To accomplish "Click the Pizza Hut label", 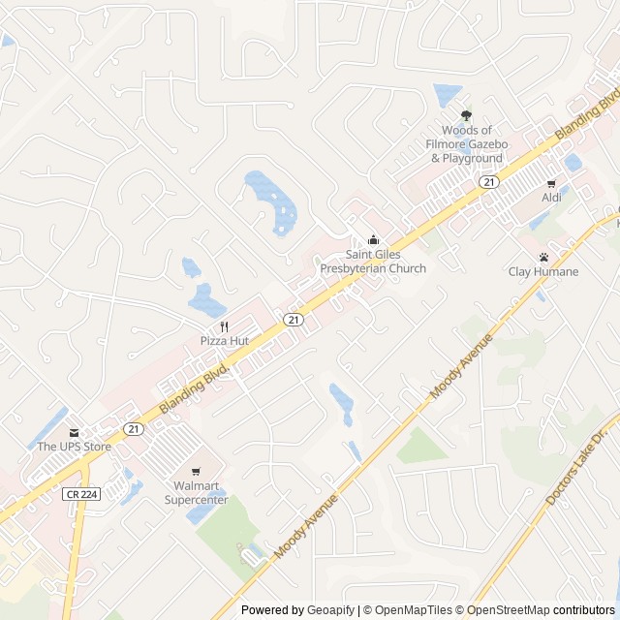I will click(x=225, y=341).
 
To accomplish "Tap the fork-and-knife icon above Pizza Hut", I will click(x=225, y=326).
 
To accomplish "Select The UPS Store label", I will click(x=75, y=447).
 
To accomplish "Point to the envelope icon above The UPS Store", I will click(x=73, y=433).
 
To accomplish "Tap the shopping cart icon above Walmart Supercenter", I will click(x=196, y=472).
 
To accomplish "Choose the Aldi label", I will click(x=551, y=198).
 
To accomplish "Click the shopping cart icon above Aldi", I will click(x=551, y=184).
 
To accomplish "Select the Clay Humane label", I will click(x=543, y=271).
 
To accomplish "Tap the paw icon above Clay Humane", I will click(x=544, y=258).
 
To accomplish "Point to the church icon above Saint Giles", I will click(x=373, y=240).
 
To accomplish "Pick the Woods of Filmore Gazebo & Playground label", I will click(x=467, y=144).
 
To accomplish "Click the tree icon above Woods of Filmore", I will click(x=467, y=116).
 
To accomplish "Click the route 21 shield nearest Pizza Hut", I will click(x=292, y=319).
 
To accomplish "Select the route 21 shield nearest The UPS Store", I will click(x=133, y=427).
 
